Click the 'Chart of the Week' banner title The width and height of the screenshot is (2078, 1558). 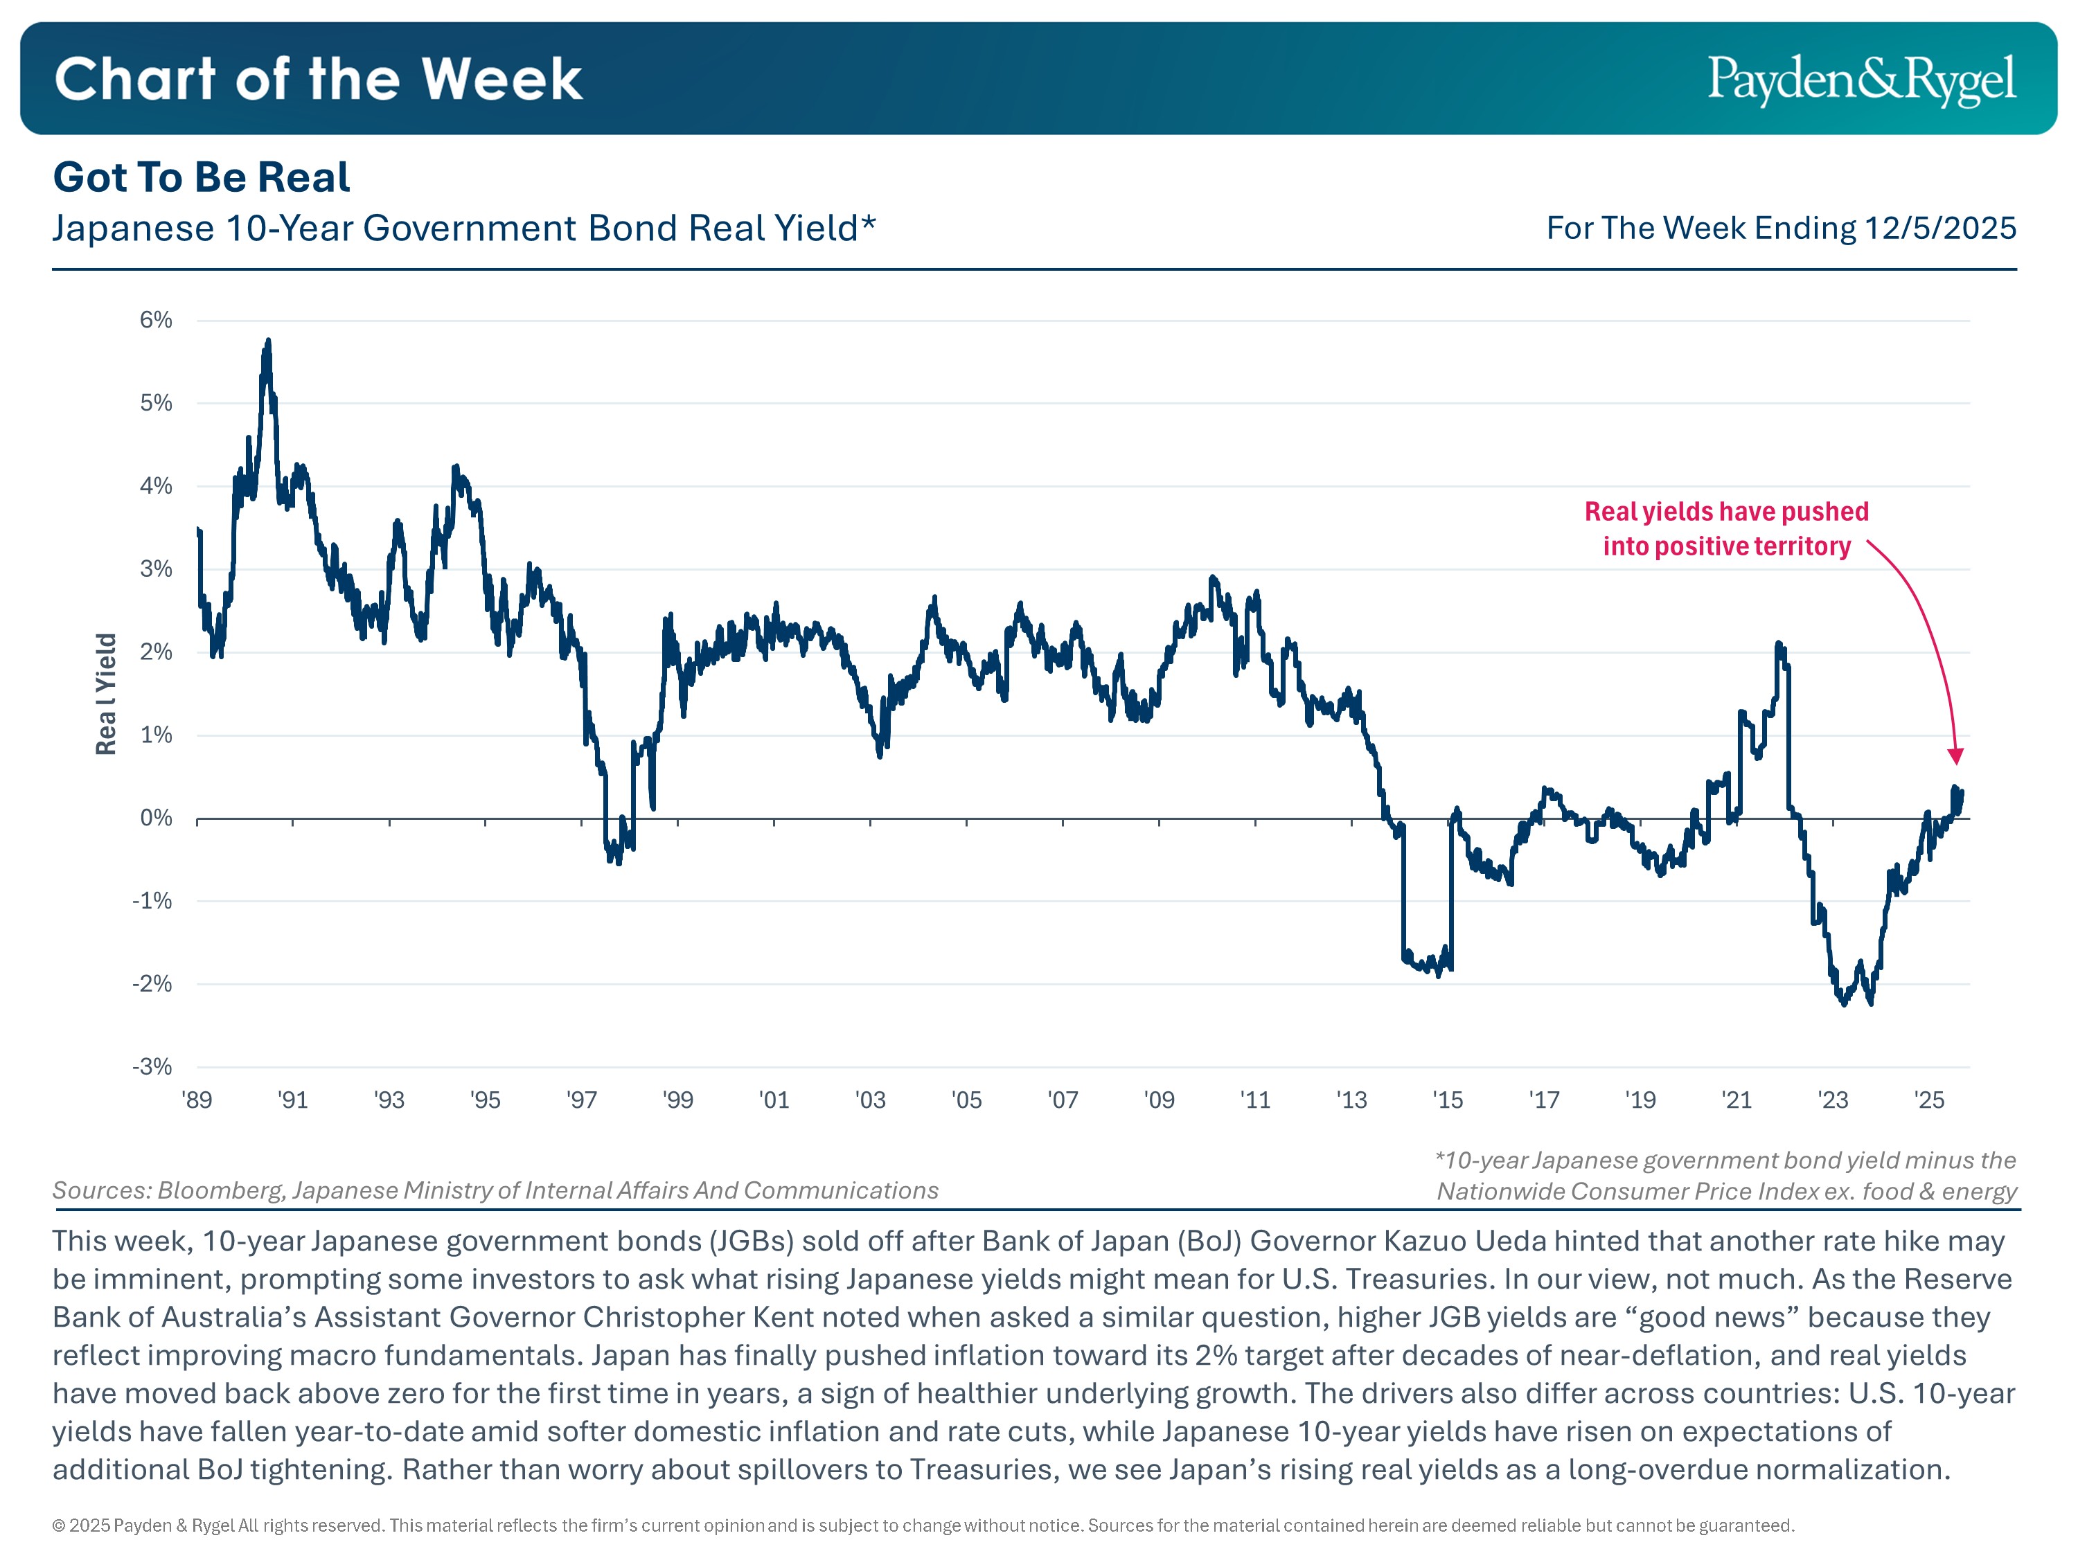point(319,79)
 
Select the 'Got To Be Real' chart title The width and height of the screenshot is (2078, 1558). point(201,177)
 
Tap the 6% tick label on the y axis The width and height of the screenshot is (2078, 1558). point(156,320)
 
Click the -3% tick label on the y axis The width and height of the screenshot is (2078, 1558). point(152,1067)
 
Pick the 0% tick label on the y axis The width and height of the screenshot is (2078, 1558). point(156,818)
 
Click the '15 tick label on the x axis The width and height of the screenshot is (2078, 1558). point(1448,1100)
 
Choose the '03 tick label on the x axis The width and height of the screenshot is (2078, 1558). point(870,1100)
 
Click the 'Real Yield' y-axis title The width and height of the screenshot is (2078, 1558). point(106,694)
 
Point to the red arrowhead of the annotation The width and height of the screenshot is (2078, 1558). point(1956,757)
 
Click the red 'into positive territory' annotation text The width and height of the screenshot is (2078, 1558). point(1727,546)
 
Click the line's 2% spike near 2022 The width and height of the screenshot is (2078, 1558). point(1778,644)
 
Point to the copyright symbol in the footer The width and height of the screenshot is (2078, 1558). point(58,1526)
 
